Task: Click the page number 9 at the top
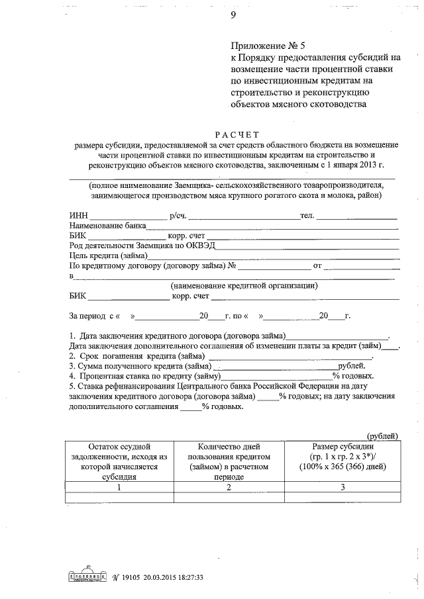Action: [233, 16]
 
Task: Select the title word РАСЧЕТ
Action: [235, 134]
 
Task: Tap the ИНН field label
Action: [78, 216]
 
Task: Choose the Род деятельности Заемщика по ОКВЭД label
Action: [142, 245]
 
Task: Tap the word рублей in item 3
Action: [351, 365]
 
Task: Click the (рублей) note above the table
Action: [383, 435]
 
